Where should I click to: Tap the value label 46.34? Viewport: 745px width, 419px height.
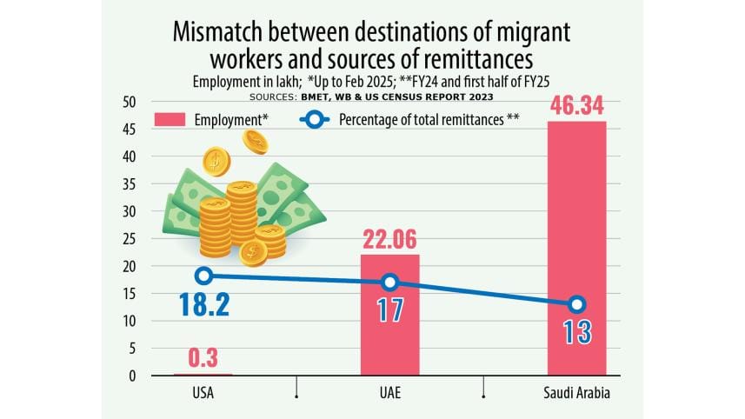(x=576, y=106)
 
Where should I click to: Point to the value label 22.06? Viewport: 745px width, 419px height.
(x=389, y=238)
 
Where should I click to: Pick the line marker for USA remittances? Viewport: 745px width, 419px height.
(x=203, y=276)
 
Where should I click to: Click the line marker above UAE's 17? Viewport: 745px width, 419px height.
(x=389, y=282)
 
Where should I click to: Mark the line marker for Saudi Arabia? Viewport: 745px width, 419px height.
(x=576, y=304)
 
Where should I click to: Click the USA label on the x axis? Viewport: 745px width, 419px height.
(x=203, y=393)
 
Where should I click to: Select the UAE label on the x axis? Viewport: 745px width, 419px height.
(x=389, y=393)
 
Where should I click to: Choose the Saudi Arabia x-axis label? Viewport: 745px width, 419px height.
(x=576, y=393)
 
